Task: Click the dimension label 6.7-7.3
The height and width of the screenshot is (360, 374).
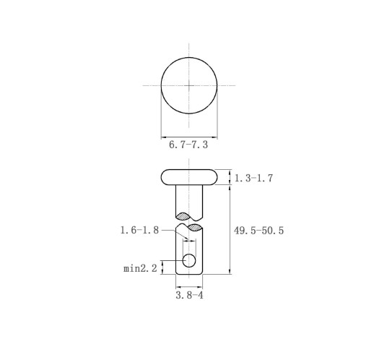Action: point(188,145)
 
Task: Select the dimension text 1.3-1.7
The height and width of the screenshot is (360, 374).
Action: point(253,178)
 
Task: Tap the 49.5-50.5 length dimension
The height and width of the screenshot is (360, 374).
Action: point(258,231)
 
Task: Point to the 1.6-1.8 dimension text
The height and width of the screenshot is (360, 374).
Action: point(139,230)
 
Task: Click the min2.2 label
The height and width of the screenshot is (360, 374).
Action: point(140,268)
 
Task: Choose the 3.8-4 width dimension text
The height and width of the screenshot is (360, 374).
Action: point(189,295)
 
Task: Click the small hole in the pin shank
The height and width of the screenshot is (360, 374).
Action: point(189,260)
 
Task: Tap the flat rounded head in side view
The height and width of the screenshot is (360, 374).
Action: point(189,177)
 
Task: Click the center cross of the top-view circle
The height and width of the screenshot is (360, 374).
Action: point(189,85)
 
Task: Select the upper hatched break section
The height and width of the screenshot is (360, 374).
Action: point(183,216)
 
